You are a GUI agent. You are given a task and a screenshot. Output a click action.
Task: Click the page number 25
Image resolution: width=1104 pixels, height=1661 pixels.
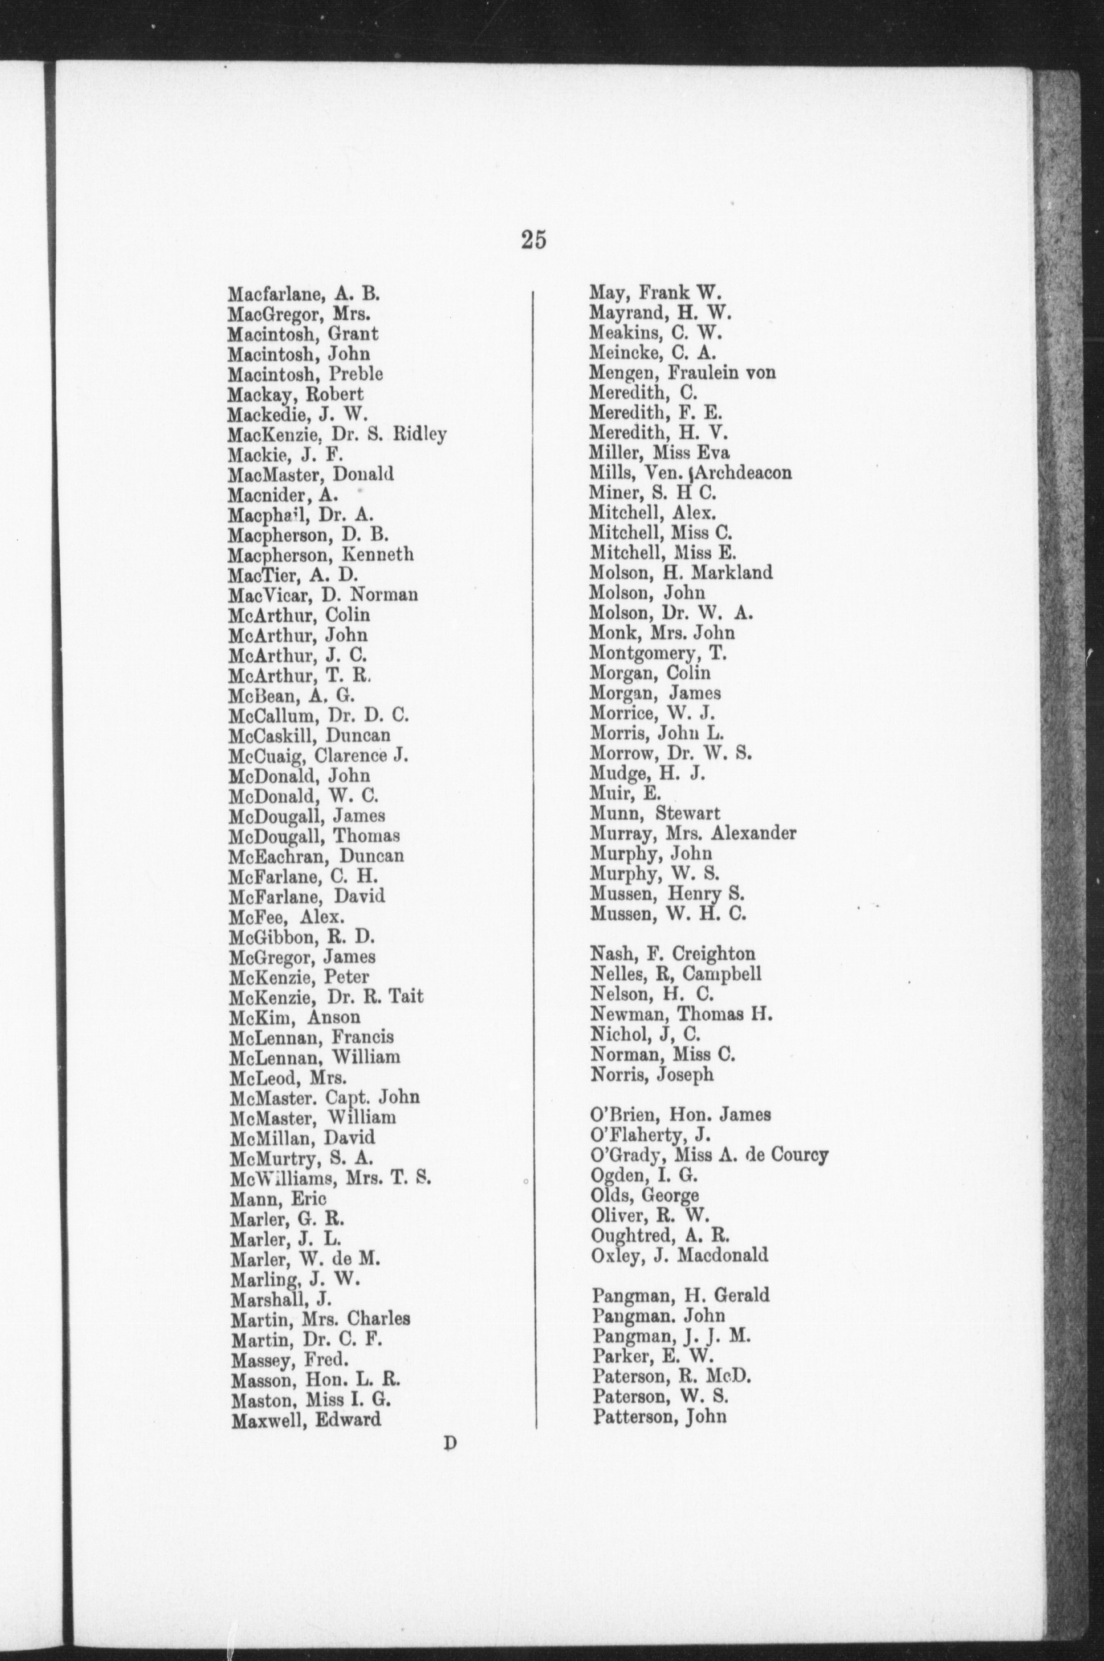coord(534,241)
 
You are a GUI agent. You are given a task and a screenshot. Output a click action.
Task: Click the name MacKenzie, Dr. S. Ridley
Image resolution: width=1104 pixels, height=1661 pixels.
coord(337,435)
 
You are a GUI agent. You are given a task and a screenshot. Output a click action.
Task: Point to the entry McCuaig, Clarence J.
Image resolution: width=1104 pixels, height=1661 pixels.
coord(318,756)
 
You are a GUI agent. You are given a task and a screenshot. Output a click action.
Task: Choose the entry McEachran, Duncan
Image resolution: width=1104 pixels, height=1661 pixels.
coord(316,856)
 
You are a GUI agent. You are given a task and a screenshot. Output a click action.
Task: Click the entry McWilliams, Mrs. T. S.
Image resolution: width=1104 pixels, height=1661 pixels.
coord(330,1177)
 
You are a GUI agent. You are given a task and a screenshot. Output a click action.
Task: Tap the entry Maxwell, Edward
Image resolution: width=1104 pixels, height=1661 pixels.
coord(305,1419)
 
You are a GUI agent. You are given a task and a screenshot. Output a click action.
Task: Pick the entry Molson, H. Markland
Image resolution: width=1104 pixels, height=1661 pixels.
coord(681,572)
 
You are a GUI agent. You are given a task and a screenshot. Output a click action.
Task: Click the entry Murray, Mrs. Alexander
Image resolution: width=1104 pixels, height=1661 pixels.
coord(693,833)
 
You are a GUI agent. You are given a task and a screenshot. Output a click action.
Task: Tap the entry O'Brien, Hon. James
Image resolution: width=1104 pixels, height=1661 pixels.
coord(681,1115)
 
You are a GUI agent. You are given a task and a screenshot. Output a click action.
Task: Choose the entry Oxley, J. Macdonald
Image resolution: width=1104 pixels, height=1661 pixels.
coord(679,1255)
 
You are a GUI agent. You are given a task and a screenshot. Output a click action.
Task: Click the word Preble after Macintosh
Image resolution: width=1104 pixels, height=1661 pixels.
coord(359,374)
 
